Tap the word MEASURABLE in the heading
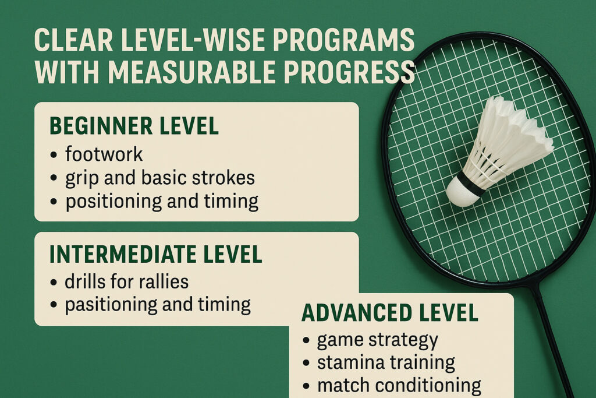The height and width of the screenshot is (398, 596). click(191, 72)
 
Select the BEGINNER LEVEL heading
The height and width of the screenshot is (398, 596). click(134, 126)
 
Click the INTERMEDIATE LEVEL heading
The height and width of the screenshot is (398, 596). click(156, 254)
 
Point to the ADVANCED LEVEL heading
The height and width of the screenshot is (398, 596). click(390, 313)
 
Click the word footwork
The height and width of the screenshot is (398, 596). click(104, 154)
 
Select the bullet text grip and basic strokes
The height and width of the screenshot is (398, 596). click(160, 178)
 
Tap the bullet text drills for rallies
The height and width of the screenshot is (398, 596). click(126, 281)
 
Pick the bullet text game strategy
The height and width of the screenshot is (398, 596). click(377, 340)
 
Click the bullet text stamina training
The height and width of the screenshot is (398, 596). click(386, 362)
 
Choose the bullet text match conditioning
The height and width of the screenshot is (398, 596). click(399, 385)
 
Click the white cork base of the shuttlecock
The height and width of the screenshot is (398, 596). click(459, 193)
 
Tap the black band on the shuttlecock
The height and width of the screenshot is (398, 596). click(470, 183)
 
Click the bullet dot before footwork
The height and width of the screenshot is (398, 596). click(54, 155)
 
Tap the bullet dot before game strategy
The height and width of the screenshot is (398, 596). click(306, 340)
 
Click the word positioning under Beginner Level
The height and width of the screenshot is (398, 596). click(113, 202)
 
